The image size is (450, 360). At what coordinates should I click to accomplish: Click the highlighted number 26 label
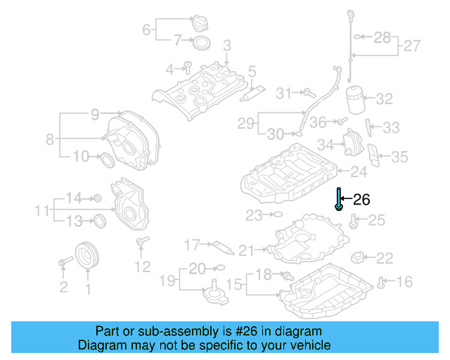coord(361,200)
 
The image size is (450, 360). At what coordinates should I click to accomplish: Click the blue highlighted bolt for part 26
coord(339,199)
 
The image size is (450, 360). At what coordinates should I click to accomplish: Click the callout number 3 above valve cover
coord(226,46)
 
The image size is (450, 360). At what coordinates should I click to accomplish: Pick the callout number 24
coord(359,171)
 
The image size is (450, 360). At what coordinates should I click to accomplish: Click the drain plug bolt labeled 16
coord(382,283)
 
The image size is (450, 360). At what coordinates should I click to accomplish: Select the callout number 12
coord(142,266)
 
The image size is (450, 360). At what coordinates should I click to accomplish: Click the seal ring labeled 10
coord(106,159)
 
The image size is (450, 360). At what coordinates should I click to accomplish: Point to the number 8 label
coord(49,139)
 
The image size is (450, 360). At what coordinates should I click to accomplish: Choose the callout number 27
coord(412,46)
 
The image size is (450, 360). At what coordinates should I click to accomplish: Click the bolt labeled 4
coord(188,67)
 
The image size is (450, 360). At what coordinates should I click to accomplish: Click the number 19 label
coord(166,282)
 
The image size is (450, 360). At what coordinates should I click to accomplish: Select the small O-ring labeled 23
coord(276,213)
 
